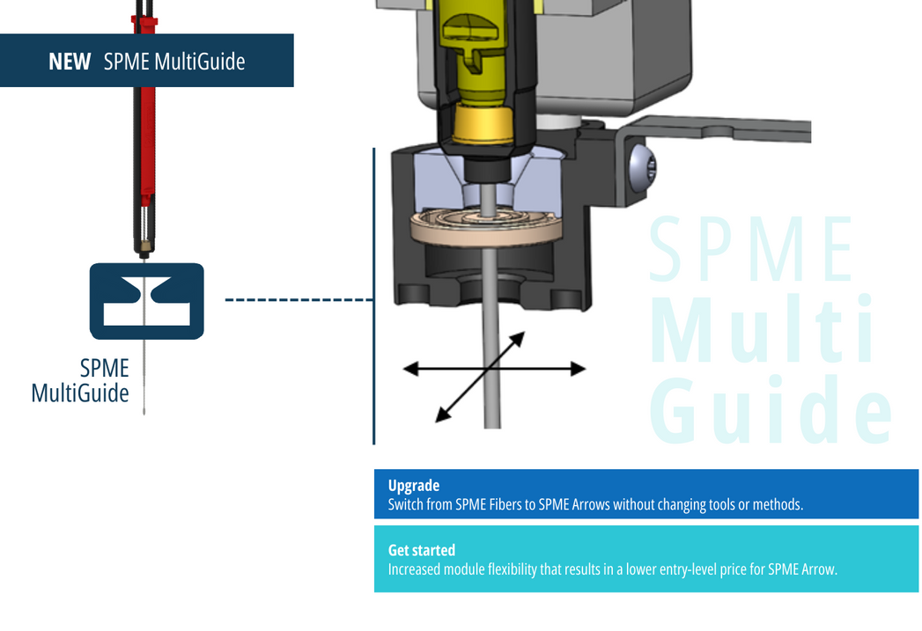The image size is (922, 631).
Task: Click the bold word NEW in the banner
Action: (70, 62)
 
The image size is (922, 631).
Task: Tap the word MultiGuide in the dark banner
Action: (200, 62)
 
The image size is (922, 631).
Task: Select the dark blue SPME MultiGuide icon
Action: (147, 301)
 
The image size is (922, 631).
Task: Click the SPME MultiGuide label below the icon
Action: (80, 381)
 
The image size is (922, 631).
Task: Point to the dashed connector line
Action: (299, 299)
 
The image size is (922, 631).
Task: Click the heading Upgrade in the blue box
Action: (414, 486)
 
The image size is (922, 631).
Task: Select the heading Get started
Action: (422, 550)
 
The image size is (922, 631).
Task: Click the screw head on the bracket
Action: (641, 168)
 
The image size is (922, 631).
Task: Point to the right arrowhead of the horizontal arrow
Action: (578, 369)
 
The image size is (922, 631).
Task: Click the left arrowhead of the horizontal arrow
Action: (411, 369)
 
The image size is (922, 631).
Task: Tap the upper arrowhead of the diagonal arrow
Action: (516, 340)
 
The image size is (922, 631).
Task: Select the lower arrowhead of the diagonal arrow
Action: (443, 415)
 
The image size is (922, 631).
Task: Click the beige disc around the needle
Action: (486, 227)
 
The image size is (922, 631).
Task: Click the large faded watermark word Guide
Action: (771, 410)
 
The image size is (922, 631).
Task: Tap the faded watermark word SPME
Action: (751, 249)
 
